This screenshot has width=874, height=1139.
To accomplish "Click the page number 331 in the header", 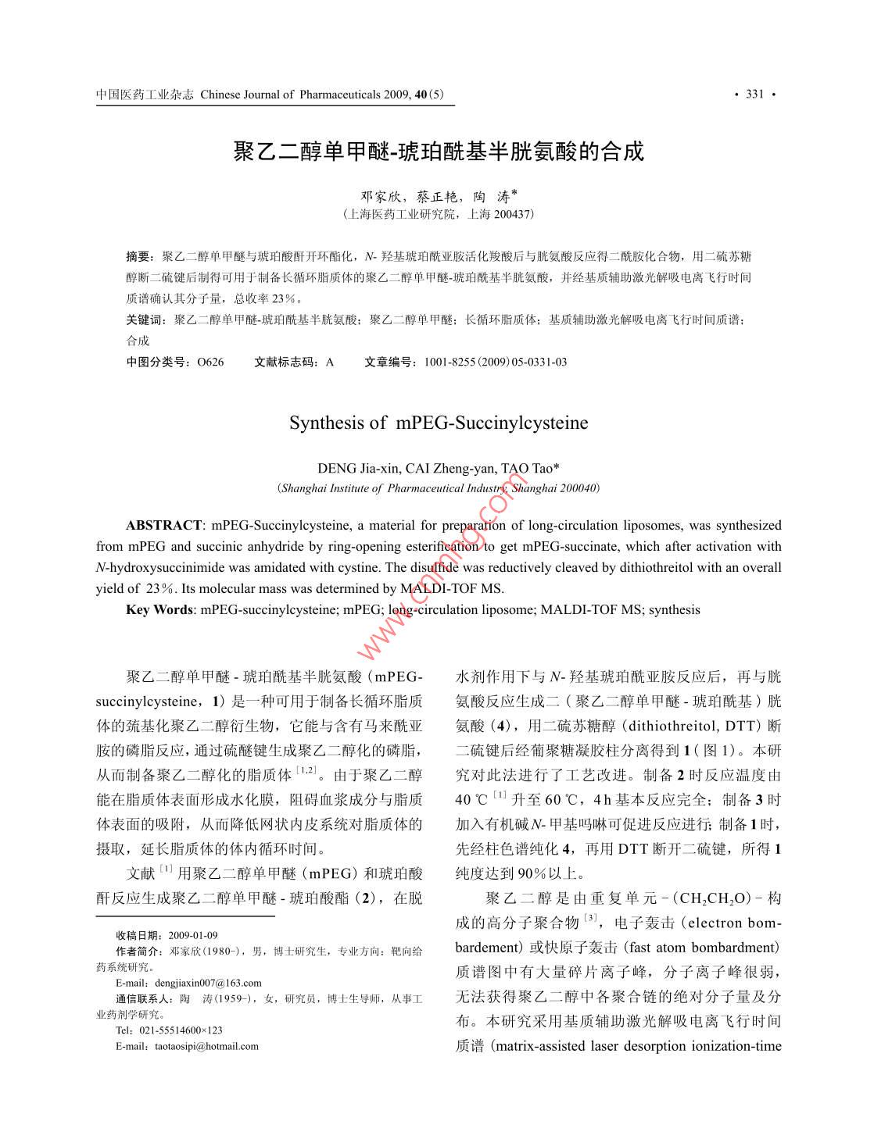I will (754, 95).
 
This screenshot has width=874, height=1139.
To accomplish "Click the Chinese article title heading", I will (438, 151).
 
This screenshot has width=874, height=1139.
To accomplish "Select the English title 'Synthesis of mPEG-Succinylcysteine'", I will (438, 423).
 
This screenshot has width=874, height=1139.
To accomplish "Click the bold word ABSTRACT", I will (163, 526).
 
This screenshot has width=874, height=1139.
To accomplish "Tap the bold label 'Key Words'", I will (159, 610).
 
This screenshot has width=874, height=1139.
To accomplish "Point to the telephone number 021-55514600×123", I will (181, 1030).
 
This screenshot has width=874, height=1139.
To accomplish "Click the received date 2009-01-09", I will (192, 935).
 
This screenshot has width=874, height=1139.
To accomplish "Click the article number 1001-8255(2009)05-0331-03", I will (495, 362).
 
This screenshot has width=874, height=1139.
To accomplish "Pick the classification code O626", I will (210, 362).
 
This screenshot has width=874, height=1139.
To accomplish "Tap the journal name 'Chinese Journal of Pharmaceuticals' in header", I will (290, 95).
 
